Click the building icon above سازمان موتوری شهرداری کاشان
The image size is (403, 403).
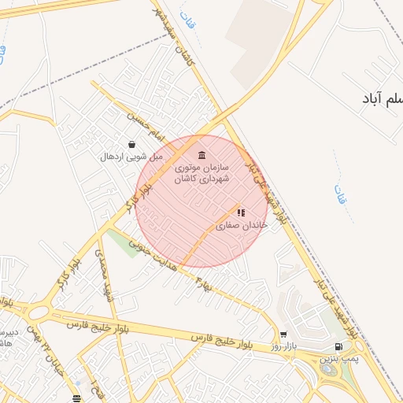click(x=202, y=154)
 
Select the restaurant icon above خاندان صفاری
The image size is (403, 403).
click(x=241, y=213)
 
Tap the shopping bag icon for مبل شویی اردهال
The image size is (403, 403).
click(x=131, y=145)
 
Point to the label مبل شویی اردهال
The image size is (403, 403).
click(x=131, y=157)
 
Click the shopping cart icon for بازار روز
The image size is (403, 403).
click(x=283, y=335)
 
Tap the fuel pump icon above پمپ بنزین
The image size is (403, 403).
click(x=338, y=346)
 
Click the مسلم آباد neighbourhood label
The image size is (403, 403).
click(x=383, y=98)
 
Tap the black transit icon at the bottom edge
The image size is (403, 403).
click(x=76, y=398)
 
